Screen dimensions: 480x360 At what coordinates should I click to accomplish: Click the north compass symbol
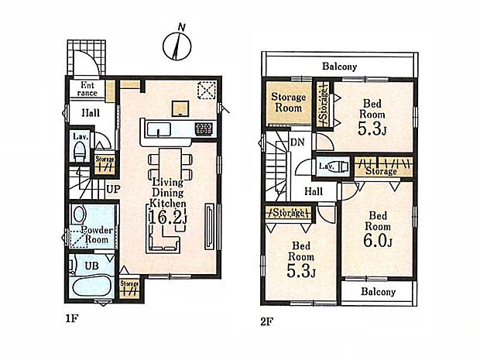point(177,44)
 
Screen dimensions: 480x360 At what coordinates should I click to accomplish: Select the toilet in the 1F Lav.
point(80,152)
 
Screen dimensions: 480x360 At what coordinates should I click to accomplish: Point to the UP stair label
point(113,189)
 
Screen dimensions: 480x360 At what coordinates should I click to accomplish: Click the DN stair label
point(297,142)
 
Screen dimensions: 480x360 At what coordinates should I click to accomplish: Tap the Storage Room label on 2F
point(288,102)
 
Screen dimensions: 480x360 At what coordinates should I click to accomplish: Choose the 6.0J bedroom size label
point(378,241)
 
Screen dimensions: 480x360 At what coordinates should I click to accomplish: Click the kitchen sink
point(158,130)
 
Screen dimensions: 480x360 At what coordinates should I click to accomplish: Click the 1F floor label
point(72,319)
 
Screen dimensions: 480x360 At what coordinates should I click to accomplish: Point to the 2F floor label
point(266,322)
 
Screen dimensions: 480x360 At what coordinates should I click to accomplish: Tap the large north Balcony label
point(340,67)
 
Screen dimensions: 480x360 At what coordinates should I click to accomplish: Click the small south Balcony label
point(378,291)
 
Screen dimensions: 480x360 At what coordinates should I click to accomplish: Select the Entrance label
point(87,89)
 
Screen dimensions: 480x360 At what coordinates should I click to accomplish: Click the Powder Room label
point(97,235)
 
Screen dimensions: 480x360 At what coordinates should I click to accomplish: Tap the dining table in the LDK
point(170,166)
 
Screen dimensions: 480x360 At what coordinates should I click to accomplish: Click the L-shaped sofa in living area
point(163,239)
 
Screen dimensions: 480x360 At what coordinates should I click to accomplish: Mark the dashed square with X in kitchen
point(207,91)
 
